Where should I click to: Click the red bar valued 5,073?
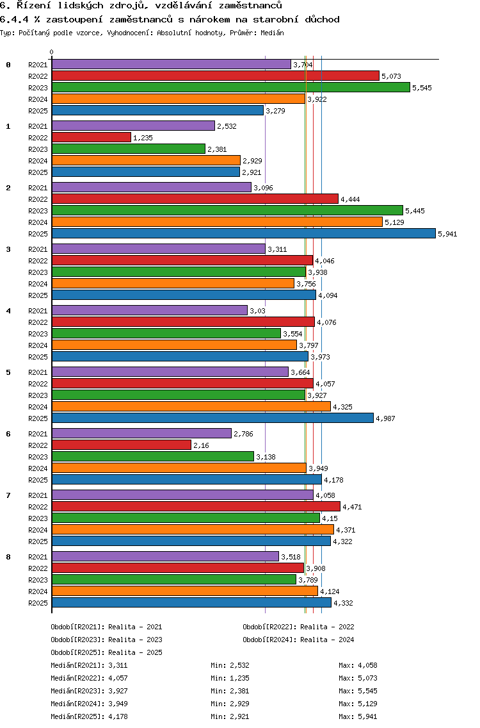pos(215,76)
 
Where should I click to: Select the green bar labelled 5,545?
pos(230,87)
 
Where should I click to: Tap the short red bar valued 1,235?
pos(91,137)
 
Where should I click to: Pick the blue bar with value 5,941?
pos(243,233)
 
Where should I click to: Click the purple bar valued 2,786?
pos(141,433)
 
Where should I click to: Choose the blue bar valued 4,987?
pos(212,418)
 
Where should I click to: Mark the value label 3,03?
pos(257,311)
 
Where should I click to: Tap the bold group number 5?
pos(8,372)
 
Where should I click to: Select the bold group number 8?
pos(8,557)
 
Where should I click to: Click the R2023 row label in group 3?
pos(38,272)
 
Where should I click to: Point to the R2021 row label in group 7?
pos(38,495)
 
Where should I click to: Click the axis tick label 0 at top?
pos(52,52)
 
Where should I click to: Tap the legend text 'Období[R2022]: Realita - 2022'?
pos(298,627)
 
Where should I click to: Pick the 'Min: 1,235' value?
pos(230,678)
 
